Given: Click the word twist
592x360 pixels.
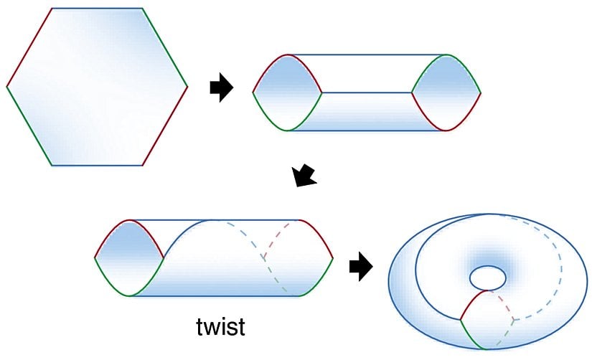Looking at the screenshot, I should tap(221, 326).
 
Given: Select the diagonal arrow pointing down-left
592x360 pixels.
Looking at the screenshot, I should tap(305, 175).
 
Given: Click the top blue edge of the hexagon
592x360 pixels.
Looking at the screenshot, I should tap(98, 9).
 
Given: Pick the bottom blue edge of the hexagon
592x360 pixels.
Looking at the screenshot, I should tap(98, 166).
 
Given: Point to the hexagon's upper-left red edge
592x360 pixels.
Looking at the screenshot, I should tap(29, 47).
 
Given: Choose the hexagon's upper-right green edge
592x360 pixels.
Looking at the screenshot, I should tap(165, 47).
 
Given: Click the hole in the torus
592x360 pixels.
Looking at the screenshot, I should tap(487, 276).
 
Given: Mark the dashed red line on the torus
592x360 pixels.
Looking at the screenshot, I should tap(503, 302).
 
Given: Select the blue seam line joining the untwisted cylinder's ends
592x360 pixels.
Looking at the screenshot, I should tap(367, 93).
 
